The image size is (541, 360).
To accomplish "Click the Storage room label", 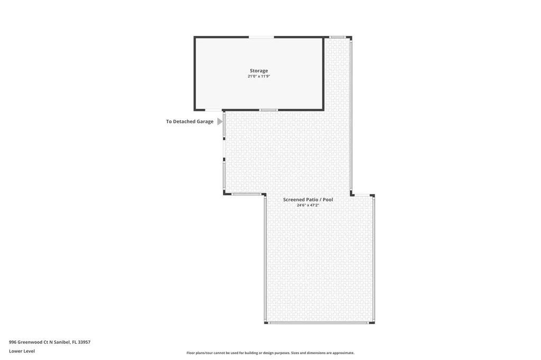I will [259, 71].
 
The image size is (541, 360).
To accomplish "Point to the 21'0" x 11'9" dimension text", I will [259, 77].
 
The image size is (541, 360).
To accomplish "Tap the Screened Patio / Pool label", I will [308, 200].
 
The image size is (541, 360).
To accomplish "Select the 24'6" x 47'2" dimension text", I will [308, 205].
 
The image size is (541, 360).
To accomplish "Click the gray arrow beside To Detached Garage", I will [220, 121].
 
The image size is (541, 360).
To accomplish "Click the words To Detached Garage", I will [190, 121].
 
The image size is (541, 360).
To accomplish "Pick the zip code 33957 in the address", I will [84, 342].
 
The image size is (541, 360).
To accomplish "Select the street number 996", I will [13, 342].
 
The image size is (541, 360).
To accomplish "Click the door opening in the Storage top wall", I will [262, 37].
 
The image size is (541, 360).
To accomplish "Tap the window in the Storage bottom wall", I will [269, 110].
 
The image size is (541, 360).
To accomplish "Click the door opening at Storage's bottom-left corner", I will [213, 110].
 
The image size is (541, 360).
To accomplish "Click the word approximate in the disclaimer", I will [341, 353].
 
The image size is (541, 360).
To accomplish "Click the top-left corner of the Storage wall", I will [195, 37].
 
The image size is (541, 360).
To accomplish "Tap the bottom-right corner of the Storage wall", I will [323, 109].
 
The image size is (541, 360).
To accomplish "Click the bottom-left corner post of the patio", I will [266, 322].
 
